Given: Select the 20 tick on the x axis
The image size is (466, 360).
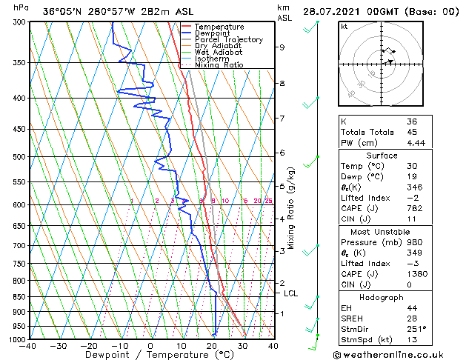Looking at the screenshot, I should (x=212, y=346).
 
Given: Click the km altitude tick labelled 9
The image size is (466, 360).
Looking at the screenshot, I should (x=282, y=47).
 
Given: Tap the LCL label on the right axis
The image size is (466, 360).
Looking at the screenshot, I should (x=291, y=293).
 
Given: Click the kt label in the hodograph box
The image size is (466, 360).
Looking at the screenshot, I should (x=344, y=27).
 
